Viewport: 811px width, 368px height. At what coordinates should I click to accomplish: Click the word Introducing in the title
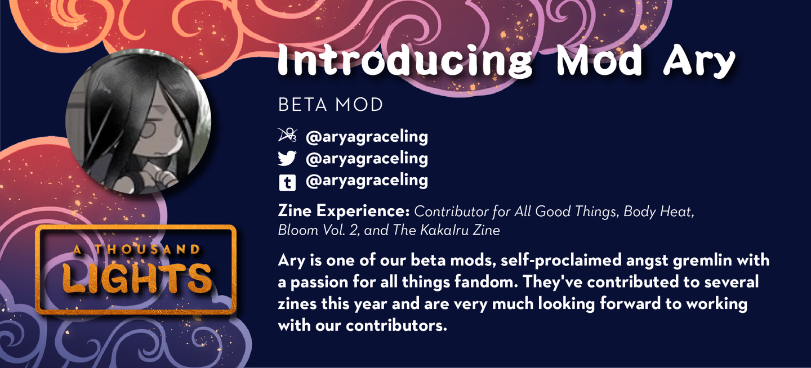click(x=405, y=60)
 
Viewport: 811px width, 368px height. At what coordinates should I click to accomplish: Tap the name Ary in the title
click(x=699, y=61)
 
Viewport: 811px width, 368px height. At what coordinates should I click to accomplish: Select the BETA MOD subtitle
click(x=330, y=105)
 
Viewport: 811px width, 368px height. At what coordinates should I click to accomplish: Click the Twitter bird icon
click(x=287, y=158)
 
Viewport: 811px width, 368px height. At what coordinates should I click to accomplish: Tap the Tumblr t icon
click(x=287, y=182)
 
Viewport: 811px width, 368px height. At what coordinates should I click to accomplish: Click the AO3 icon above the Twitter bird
click(x=287, y=135)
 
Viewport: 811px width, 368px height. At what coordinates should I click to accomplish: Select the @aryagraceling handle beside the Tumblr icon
click(x=367, y=181)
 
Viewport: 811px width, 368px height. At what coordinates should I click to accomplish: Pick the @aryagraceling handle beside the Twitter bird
click(x=367, y=159)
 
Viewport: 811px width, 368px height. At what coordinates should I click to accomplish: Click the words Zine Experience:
click(x=344, y=210)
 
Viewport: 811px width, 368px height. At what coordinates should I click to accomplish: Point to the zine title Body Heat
click(x=658, y=212)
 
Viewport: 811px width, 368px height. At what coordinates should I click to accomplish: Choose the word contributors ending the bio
click(x=396, y=325)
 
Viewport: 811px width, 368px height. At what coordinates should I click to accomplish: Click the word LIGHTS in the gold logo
click(x=136, y=279)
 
